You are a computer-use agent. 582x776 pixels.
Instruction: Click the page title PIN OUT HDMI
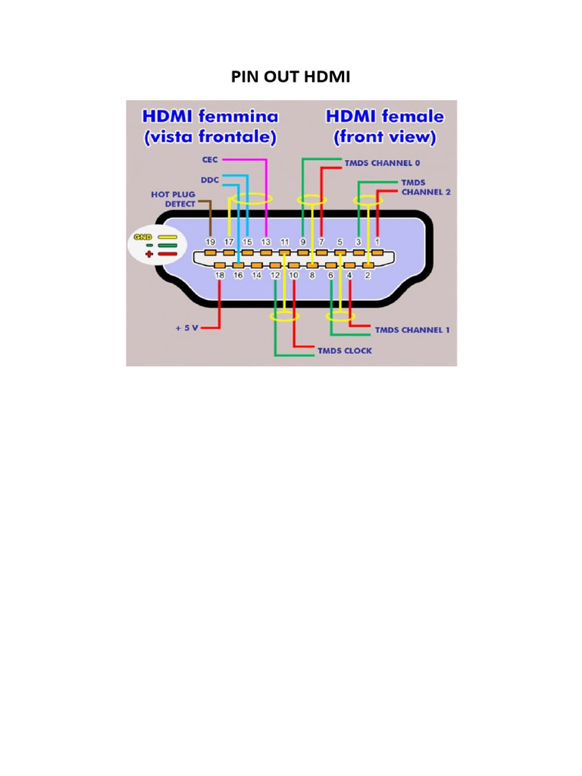(291, 77)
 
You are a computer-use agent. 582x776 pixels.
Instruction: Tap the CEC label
(209, 160)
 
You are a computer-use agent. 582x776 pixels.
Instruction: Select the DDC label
(209, 180)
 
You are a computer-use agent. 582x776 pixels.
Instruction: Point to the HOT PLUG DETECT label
(173, 199)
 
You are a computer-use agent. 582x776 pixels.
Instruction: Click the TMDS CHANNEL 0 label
(382, 163)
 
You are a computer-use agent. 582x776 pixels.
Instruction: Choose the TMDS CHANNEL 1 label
(412, 330)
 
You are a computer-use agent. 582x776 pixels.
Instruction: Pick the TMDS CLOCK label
(345, 351)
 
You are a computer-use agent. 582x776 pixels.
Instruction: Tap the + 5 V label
(186, 329)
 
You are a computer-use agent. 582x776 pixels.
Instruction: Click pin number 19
(211, 242)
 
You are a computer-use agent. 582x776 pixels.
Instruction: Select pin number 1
(377, 242)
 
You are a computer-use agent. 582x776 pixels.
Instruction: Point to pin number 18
(220, 276)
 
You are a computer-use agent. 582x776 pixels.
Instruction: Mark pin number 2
(368, 276)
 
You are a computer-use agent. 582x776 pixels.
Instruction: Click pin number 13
(266, 242)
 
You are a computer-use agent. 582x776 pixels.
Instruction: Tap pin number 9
(303, 242)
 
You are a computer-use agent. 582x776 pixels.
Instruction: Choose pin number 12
(275, 276)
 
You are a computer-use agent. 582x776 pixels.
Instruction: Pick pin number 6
(330, 276)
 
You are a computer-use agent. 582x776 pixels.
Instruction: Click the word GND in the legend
(142, 237)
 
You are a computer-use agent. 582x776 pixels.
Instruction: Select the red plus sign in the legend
(149, 254)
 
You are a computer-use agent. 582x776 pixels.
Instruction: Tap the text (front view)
(385, 137)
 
